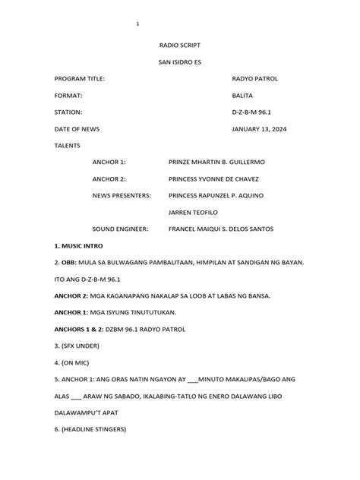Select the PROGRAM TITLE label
pos(80,79)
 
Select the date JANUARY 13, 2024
pos(259,129)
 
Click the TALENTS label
pos(67,145)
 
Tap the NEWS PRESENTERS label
pos(122,196)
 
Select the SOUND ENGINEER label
pos(120,229)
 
